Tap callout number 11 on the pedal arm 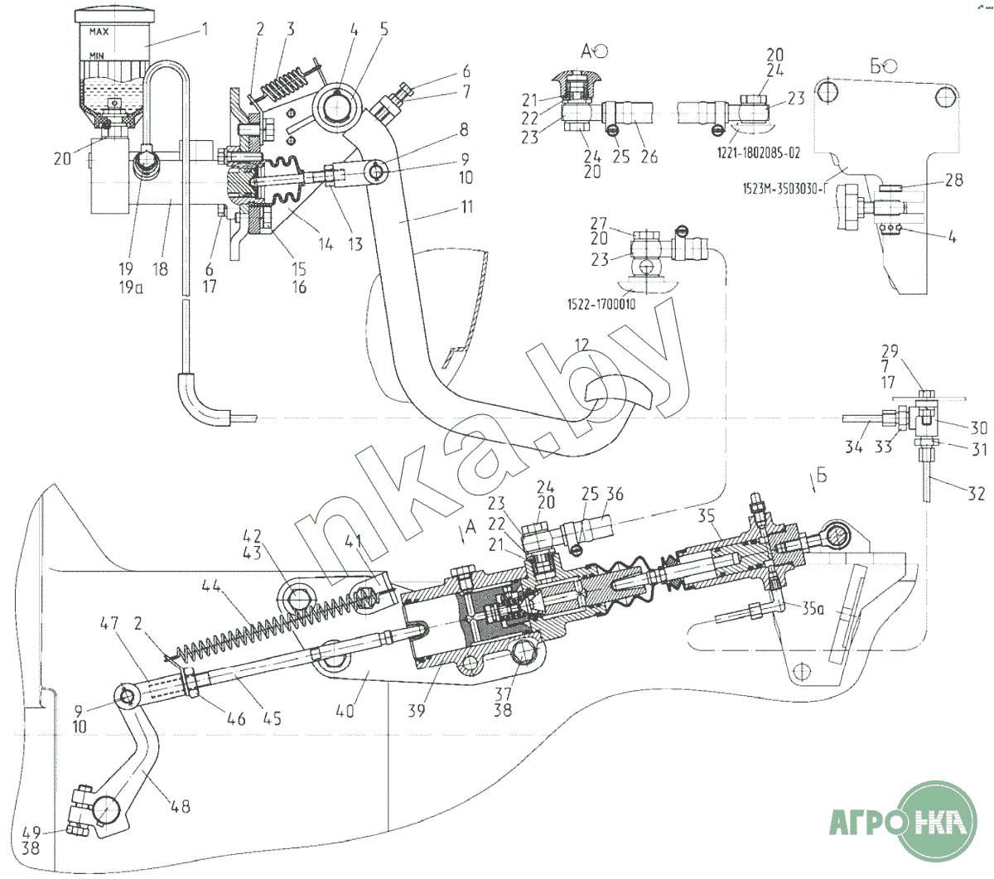[466, 206]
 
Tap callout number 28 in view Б [953, 179]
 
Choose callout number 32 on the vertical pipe [976, 494]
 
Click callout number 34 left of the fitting [854, 447]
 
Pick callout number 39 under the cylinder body [417, 711]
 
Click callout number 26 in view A [649, 156]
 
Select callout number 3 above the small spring [290, 29]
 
